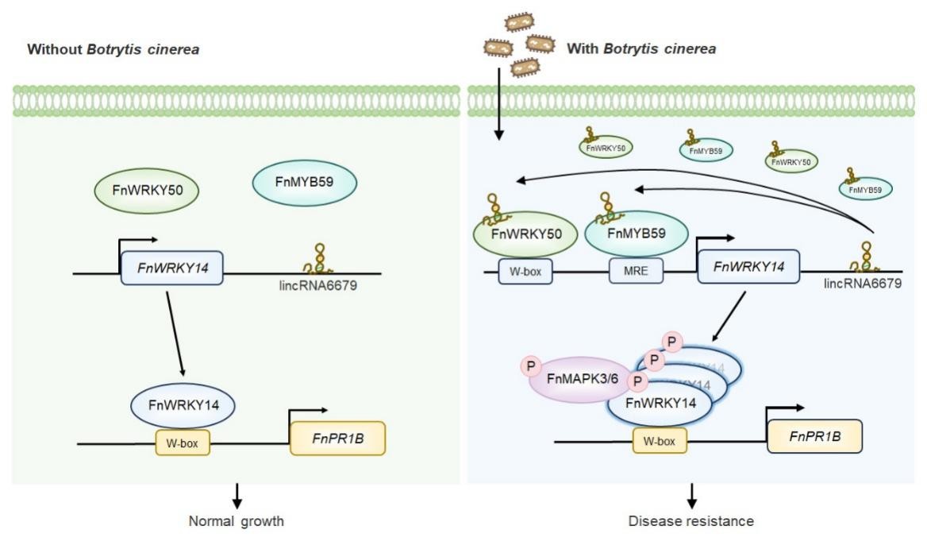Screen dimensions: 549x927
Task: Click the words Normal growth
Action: coord(236,522)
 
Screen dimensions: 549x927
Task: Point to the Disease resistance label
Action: coord(691,522)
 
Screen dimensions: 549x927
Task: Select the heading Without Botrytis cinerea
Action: coord(113,50)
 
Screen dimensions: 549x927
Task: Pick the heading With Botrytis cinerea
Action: coord(641,49)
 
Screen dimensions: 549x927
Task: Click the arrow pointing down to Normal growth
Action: coord(236,497)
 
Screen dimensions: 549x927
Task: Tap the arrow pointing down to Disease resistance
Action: coord(691,497)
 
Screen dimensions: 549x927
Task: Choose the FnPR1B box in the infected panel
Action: coord(814,436)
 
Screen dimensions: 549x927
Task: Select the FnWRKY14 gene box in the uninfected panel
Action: coord(171,268)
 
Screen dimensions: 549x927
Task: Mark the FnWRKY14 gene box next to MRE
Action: coord(748,266)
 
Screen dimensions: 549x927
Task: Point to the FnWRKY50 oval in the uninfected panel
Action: coord(146,191)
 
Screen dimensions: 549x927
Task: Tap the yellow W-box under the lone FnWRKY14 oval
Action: coord(183,443)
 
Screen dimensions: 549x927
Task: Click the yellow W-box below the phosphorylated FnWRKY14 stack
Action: coord(660,440)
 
